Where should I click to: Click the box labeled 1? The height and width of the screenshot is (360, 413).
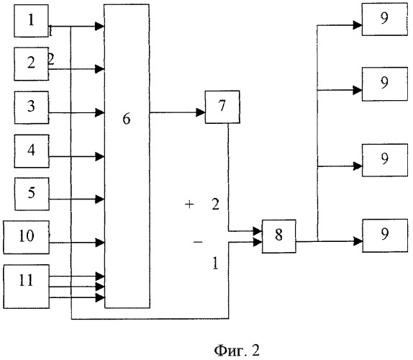click(x=31, y=21)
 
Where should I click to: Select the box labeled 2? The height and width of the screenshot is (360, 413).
click(x=31, y=64)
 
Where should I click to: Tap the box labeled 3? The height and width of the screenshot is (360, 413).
click(x=32, y=107)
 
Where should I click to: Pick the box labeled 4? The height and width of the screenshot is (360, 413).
click(x=32, y=151)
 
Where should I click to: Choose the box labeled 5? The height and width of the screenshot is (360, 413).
click(x=32, y=194)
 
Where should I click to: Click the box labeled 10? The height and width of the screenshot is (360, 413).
click(x=26, y=237)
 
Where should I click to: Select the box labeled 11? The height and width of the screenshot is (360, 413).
click(x=26, y=287)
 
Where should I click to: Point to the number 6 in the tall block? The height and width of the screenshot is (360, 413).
click(x=127, y=119)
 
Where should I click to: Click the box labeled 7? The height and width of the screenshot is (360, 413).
click(x=222, y=107)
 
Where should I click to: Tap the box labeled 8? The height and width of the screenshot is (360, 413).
click(x=278, y=236)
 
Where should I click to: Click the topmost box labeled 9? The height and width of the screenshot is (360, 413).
click(x=384, y=19)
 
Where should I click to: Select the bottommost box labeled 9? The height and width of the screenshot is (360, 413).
click(x=385, y=235)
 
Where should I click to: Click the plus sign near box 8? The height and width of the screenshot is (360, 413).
click(x=189, y=204)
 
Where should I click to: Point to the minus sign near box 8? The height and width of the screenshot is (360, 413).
click(x=198, y=242)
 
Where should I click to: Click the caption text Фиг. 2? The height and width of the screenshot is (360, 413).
click(x=237, y=350)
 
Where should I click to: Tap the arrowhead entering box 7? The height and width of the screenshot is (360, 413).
click(x=201, y=112)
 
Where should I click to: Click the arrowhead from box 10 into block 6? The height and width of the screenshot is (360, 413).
click(x=100, y=243)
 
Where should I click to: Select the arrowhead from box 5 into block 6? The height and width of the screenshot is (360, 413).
click(x=100, y=199)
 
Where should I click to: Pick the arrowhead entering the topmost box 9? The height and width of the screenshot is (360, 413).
click(x=358, y=25)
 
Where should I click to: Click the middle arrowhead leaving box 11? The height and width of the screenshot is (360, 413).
click(x=100, y=287)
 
